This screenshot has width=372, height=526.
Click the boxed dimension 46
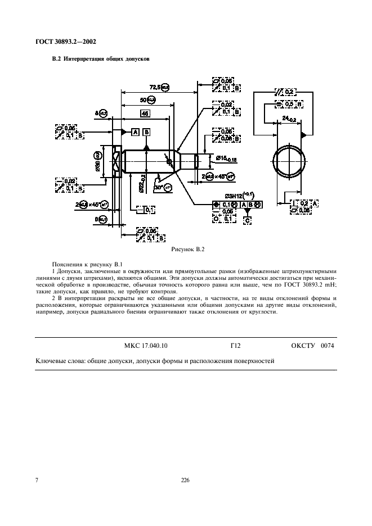pos(144,114)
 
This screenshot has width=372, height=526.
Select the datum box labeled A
pos(135,132)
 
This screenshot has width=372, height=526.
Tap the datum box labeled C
pos(248,221)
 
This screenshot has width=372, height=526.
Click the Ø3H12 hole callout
pos(237,195)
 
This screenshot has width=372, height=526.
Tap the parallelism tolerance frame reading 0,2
pos(286,92)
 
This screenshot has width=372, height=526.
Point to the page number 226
pos(185,479)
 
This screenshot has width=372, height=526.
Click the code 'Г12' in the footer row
pos(228,346)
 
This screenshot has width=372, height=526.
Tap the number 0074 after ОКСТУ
pos(326,346)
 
